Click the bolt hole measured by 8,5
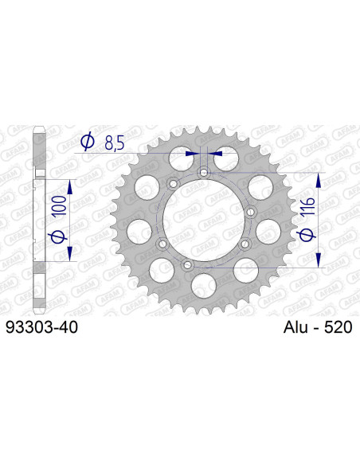205,171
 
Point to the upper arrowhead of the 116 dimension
320,177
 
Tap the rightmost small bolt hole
248,212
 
